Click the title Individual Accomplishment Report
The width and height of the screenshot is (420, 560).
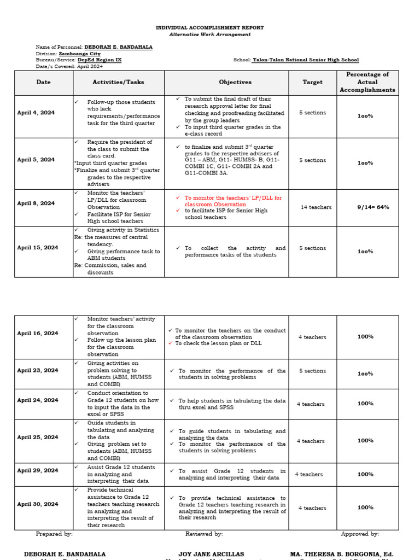click(x=210, y=27)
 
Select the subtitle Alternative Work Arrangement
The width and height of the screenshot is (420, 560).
click(x=210, y=34)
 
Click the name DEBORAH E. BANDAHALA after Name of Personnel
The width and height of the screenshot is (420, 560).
click(x=118, y=48)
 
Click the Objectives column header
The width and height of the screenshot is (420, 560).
click(x=235, y=83)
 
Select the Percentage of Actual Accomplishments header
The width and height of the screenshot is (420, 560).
click(x=367, y=82)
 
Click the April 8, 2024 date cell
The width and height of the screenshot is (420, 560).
click(x=36, y=203)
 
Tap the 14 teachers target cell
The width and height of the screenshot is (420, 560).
click(x=316, y=207)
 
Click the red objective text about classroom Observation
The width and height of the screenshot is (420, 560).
click(x=233, y=201)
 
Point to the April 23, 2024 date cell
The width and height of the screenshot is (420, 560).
click(x=37, y=370)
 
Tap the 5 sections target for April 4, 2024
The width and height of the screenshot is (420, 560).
click(x=312, y=113)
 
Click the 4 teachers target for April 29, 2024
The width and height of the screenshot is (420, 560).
click(x=309, y=475)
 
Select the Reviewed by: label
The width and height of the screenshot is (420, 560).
click(x=204, y=534)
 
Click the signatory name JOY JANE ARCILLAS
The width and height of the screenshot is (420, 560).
click(x=211, y=554)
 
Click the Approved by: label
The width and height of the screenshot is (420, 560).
click(x=360, y=534)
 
